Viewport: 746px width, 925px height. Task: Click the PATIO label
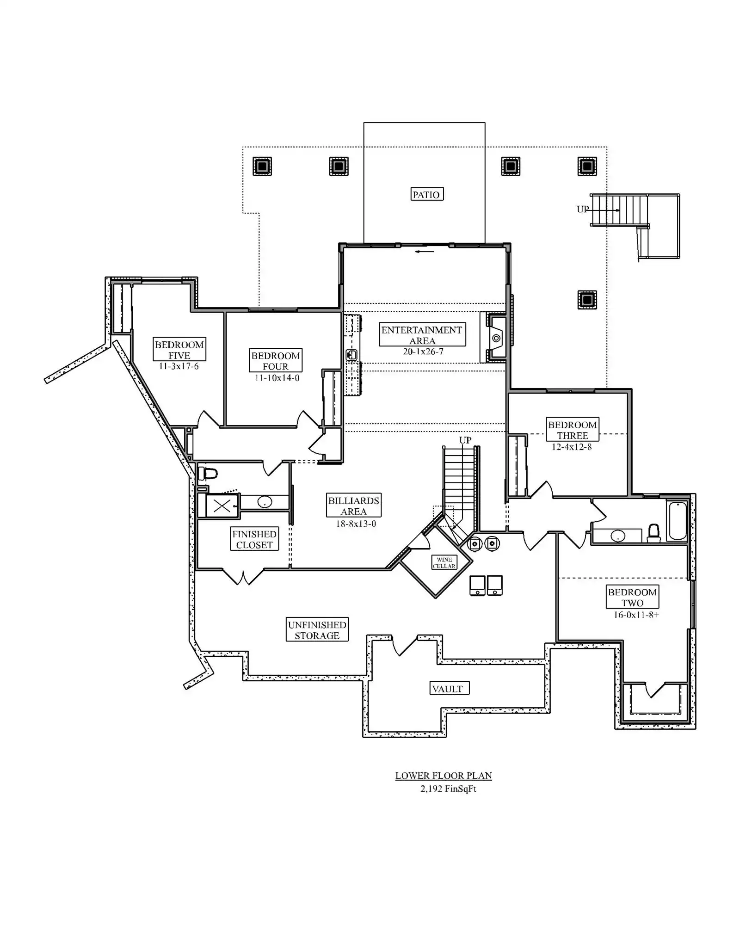[426, 194]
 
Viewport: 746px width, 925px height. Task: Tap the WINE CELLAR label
[444, 562]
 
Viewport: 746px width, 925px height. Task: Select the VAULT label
[447, 689]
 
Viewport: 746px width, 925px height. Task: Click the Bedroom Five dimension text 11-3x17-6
[179, 366]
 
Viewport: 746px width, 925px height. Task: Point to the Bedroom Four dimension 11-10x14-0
[277, 378]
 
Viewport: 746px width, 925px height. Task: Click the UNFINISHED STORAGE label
[317, 630]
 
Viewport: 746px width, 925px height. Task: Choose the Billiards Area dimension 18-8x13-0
[356, 524]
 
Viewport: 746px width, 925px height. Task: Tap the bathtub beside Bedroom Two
[677, 521]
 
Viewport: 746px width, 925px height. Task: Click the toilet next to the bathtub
[653, 532]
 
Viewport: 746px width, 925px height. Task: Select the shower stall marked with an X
[222, 506]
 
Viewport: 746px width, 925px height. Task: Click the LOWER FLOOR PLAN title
[443, 776]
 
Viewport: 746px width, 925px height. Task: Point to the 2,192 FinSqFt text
[448, 789]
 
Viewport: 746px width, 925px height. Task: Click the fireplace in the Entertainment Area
[496, 338]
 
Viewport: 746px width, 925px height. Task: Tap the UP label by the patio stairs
[582, 210]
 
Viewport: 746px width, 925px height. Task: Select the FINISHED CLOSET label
[254, 539]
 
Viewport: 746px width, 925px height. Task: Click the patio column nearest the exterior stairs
[587, 166]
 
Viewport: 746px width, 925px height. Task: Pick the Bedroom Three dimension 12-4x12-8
[571, 447]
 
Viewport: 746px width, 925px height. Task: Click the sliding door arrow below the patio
[425, 252]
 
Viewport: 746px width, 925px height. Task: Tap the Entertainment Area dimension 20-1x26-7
[423, 351]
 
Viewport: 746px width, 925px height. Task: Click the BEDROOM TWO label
[632, 598]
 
